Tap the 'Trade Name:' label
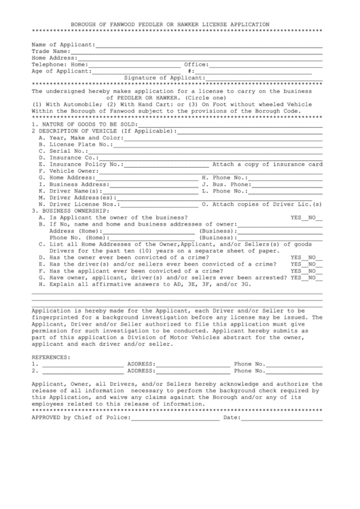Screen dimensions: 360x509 click(50, 51)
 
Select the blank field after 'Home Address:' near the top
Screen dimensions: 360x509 click(200, 58)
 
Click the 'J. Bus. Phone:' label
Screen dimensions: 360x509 click(226, 184)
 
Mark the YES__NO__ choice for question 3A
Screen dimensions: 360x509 click(306, 217)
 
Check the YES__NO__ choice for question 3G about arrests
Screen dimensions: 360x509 click(306, 277)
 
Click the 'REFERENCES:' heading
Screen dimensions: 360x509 click(50, 357)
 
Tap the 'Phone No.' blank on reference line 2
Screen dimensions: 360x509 click(295, 371)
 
